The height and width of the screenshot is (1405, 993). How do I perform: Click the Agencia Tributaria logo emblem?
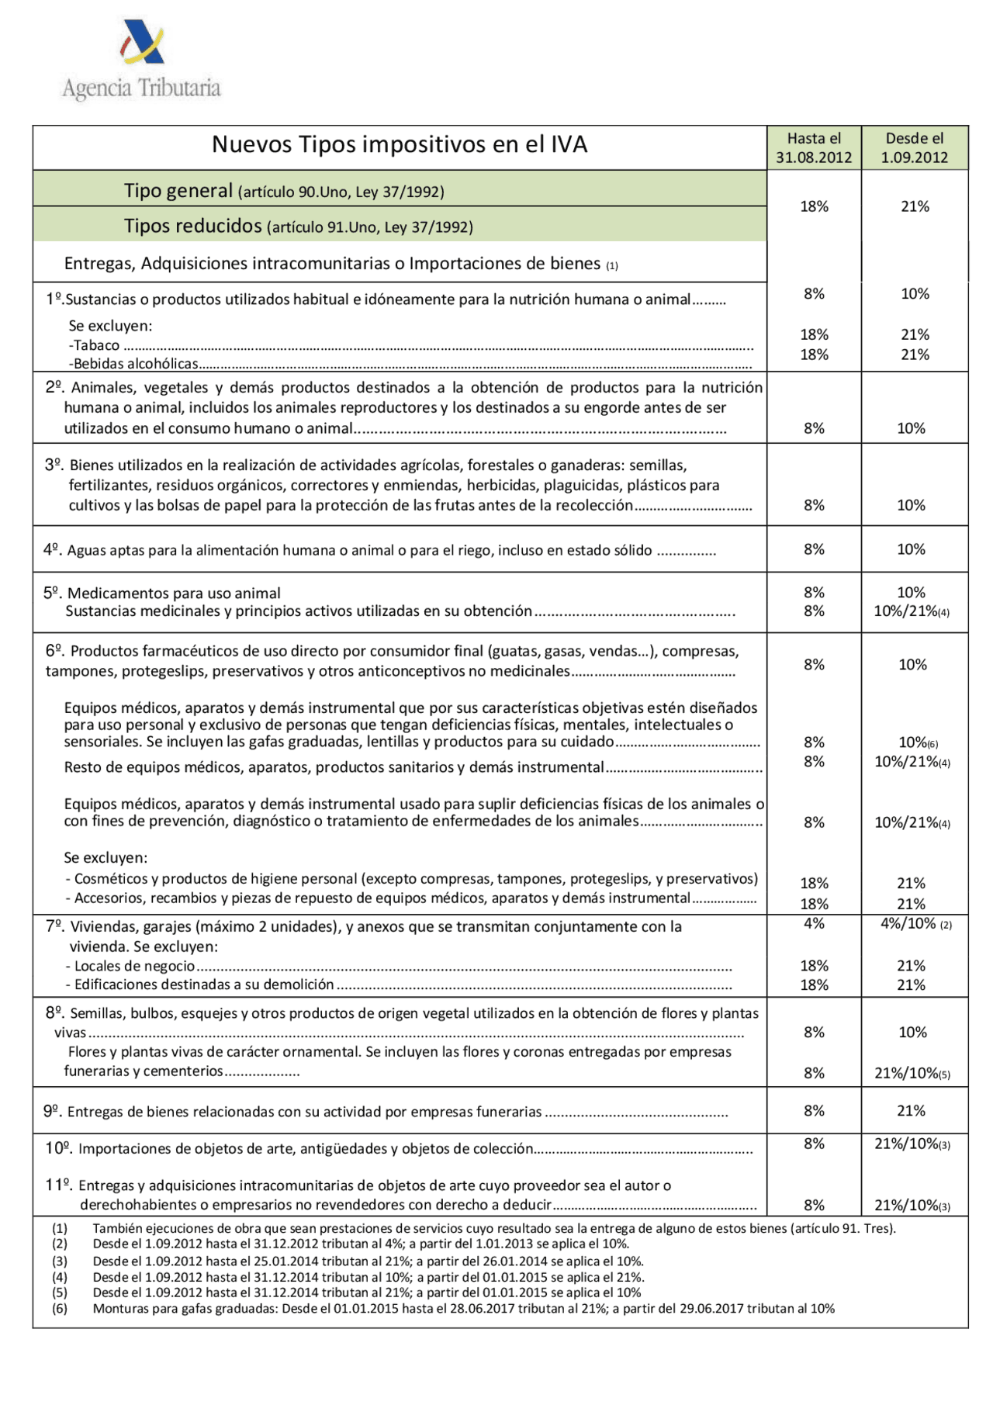[x=142, y=43]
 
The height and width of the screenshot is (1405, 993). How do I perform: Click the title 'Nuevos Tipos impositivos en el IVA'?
[x=400, y=145]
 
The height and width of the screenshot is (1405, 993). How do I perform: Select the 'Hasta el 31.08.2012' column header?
[x=814, y=147]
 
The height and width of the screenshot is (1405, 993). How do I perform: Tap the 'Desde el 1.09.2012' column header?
[x=915, y=147]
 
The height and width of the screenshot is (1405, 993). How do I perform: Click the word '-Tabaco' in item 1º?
[x=95, y=345]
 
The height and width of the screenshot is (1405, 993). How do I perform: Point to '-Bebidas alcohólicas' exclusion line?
[x=133, y=364]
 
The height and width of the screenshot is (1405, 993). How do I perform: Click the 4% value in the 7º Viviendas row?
[x=814, y=923]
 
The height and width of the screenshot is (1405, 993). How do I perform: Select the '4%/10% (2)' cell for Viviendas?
[x=915, y=924]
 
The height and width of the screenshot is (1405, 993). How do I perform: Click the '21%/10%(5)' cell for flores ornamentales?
[x=912, y=1073]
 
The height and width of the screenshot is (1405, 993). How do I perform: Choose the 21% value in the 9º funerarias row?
[x=911, y=1111]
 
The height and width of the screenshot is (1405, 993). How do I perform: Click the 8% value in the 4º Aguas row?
[x=814, y=549]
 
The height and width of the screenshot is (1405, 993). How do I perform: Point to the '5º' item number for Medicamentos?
[x=52, y=593]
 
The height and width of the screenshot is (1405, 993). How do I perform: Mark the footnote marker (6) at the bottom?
[x=60, y=1308]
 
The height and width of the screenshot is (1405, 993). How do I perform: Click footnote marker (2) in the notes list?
[x=60, y=1244]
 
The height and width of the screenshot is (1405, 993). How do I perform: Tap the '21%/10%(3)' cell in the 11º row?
[x=912, y=1205]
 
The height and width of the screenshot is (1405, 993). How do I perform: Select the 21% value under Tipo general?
[x=915, y=206]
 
